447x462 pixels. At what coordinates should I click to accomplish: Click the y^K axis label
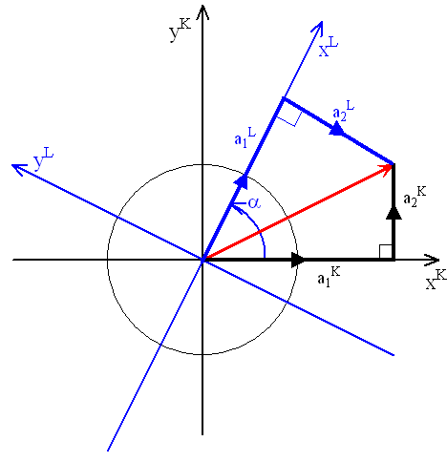[180, 31]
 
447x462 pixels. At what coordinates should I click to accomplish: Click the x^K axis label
[436, 279]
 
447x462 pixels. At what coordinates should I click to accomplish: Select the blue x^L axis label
[329, 47]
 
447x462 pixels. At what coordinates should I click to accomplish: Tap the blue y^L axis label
[43, 159]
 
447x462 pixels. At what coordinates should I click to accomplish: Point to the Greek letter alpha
[254, 202]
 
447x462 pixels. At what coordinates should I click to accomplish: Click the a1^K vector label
[329, 277]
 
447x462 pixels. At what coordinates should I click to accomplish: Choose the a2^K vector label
[415, 197]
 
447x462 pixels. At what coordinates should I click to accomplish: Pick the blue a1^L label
[245, 137]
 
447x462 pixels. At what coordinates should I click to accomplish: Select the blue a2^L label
[343, 111]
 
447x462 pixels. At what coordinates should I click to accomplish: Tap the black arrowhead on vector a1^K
[298, 260]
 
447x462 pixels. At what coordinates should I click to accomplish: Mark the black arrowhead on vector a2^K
[394, 213]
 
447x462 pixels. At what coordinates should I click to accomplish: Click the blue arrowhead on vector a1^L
[242, 181]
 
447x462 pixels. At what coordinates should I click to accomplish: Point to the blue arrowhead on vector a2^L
[336, 130]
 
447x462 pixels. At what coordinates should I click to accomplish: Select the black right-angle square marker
[386, 251]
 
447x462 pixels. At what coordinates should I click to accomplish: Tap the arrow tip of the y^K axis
[202, 6]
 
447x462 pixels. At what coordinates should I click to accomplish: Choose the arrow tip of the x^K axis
[439, 260]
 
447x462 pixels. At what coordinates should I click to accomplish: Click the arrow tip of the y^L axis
[11, 165]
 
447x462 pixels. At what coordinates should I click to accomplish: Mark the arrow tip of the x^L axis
[322, 22]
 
